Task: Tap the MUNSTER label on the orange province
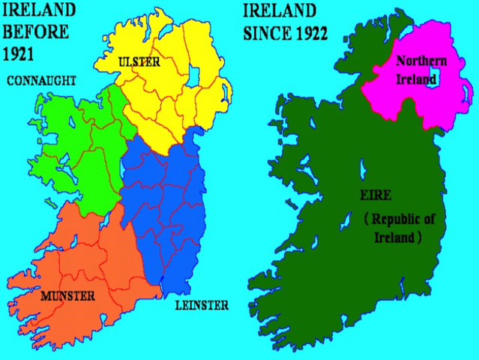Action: click(x=67, y=295)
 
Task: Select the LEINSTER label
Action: click(x=201, y=305)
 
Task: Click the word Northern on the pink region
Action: click(x=421, y=61)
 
